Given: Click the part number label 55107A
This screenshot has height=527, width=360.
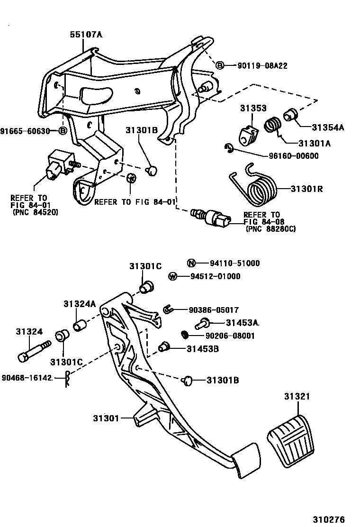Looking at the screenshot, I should tap(86, 35).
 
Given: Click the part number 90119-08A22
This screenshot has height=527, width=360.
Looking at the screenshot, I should tap(262, 66).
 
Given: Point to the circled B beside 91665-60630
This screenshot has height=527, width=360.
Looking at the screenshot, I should tap(63, 131).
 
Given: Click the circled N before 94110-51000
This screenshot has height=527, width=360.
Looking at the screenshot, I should tap(191, 263).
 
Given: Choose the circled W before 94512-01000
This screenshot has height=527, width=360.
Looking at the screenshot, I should tap(173, 276).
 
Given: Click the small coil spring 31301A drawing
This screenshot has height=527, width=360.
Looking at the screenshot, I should tap(273, 126).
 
